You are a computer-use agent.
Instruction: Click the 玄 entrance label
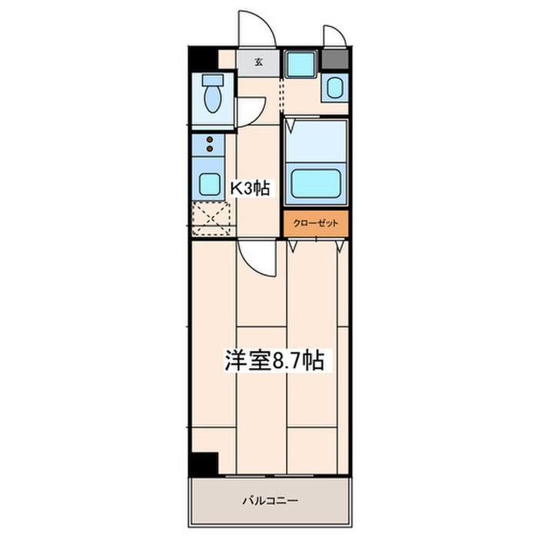[259, 62]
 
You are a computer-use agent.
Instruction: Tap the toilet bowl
[213, 99]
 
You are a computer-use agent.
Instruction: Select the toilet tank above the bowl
[213, 80]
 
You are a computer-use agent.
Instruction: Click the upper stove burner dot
[210, 140]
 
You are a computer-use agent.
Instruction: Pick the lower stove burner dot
[210, 148]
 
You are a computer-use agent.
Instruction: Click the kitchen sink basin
[210, 184]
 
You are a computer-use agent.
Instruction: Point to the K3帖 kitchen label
[250, 188]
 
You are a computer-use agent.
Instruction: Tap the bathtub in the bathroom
[316, 184]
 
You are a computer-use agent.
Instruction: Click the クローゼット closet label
[316, 224]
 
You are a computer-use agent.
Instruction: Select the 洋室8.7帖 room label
[274, 360]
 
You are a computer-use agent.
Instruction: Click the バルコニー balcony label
[271, 500]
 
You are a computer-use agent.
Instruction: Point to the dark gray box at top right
[335, 59]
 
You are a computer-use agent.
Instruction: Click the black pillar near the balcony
[204, 464]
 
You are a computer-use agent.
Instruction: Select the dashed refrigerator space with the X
[211, 218]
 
